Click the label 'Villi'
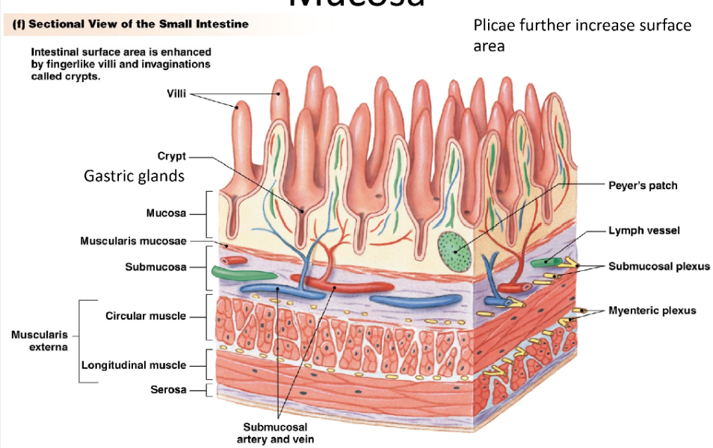click(176, 93)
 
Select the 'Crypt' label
click(171, 156)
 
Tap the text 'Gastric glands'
click(134, 176)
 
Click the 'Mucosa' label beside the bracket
click(166, 213)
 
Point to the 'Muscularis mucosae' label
click(133, 240)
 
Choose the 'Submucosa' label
click(155, 267)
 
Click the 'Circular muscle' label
click(146, 316)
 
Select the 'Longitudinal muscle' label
click(134, 365)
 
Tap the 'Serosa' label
click(169, 390)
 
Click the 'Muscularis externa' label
click(39, 340)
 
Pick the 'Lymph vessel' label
click(643, 231)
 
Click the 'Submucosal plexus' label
click(658, 266)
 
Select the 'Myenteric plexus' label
click(652, 311)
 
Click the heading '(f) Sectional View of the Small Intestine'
click(132, 24)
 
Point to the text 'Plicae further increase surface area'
click(582, 35)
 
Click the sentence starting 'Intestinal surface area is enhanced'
click(121, 64)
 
